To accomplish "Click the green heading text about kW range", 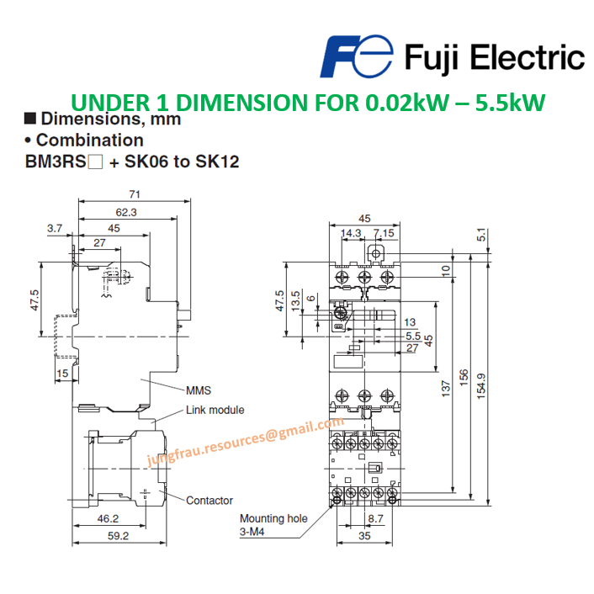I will [x=308, y=103].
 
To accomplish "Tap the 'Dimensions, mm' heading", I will [x=109, y=119].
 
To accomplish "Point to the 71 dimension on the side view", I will [x=135, y=194].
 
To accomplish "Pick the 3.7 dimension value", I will [x=56, y=228].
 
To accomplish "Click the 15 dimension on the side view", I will [x=62, y=373].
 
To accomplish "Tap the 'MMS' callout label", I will [x=198, y=390].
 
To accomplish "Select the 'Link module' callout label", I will [x=215, y=410].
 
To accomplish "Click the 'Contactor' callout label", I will [x=209, y=501].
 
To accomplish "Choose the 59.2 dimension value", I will [x=117, y=536].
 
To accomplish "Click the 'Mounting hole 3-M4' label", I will [x=273, y=525].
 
